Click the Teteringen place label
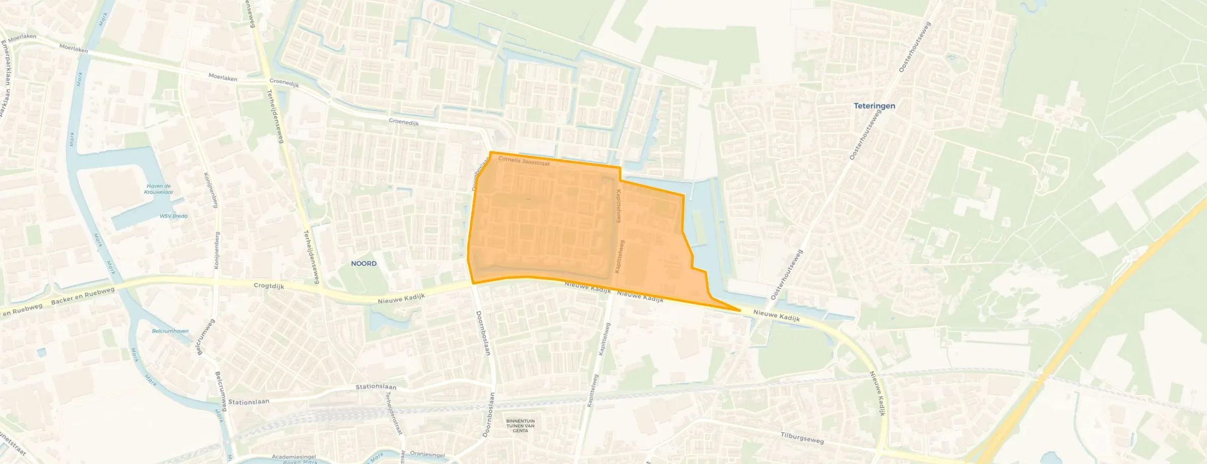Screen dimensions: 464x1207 [874, 106]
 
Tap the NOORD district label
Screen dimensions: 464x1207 [364, 263]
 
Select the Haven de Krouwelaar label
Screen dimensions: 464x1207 [158, 189]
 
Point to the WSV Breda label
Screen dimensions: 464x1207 [173, 216]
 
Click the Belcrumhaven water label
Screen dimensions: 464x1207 [170, 331]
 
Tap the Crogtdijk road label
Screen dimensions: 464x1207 [269, 286]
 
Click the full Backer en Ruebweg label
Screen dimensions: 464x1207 [83, 296]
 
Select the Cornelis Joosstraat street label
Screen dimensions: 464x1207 [524, 161]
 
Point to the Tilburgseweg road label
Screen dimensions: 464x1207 [802, 438]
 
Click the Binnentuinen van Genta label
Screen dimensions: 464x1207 [520, 426]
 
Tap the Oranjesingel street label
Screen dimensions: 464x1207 [427, 454]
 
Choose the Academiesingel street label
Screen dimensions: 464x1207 [294, 457]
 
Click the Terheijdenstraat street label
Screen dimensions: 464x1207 [394, 413]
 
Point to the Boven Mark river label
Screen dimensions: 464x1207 [300, 461]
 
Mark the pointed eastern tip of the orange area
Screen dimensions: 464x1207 [739, 310]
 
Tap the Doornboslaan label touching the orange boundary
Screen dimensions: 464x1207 [481, 174]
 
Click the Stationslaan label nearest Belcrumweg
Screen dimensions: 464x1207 [249, 402]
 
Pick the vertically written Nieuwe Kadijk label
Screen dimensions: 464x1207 [877, 393]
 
